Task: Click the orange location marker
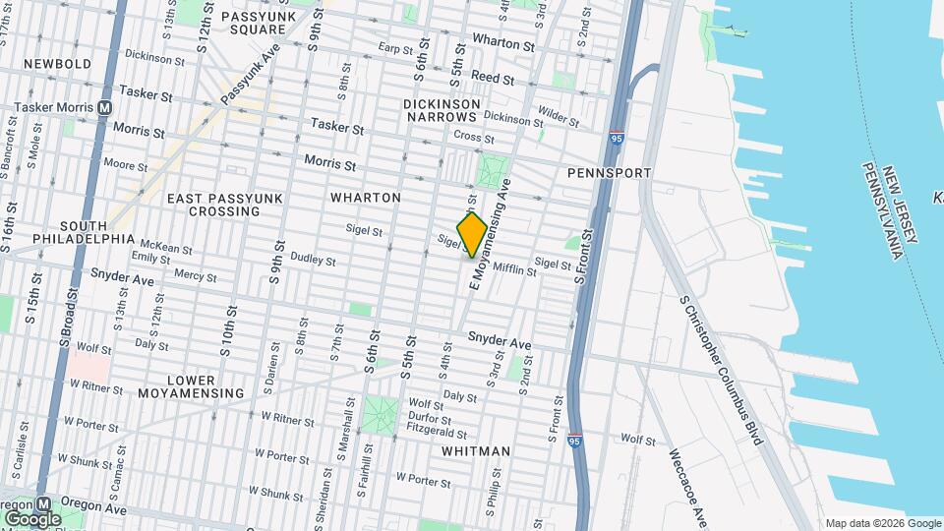point(472,235)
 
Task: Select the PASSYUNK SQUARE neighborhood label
point(253,23)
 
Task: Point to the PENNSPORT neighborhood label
point(610,173)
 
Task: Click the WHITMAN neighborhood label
point(476,451)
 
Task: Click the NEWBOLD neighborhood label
point(57,64)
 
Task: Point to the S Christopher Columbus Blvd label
point(721,370)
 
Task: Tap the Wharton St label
point(502,43)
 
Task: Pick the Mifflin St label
point(514,268)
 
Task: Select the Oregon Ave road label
point(95,509)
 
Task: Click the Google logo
point(31,517)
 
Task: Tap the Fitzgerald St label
point(437,433)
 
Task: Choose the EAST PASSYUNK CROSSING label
point(225,205)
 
